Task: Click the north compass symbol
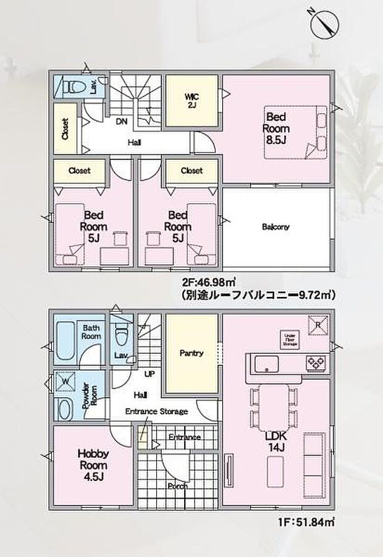coord(324,23)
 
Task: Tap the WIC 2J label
coord(190,100)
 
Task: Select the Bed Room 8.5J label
coord(276,128)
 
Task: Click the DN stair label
coord(122,122)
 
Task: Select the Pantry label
coord(192,353)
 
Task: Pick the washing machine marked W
coord(64,381)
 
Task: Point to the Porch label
coord(177,486)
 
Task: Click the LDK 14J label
coord(276,442)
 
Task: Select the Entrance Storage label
coord(156,411)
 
